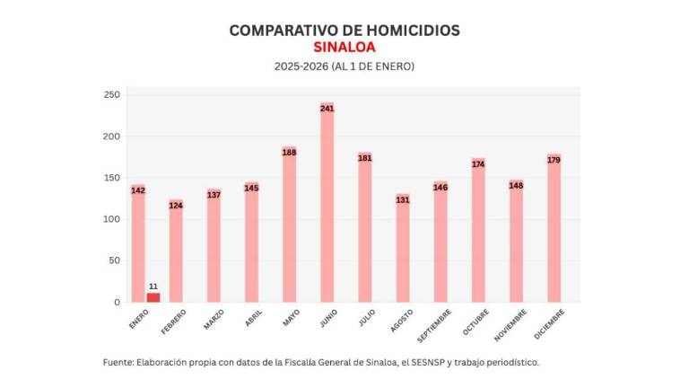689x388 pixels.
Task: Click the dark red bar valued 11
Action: click(153, 297)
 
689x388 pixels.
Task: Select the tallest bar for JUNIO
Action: click(327, 207)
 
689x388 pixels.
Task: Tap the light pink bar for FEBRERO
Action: click(176, 253)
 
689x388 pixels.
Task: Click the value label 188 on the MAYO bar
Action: click(289, 153)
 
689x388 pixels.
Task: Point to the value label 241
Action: click(327, 109)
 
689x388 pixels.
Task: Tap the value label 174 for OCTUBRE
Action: click(478, 163)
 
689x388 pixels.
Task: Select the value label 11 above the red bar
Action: click(153, 286)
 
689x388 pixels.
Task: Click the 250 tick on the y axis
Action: click(111, 94)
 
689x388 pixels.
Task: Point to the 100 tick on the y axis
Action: click(111, 219)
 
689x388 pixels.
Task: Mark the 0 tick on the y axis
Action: click(116, 302)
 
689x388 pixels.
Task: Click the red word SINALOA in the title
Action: click(344, 48)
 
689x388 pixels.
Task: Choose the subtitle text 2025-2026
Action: click(301, 66)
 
